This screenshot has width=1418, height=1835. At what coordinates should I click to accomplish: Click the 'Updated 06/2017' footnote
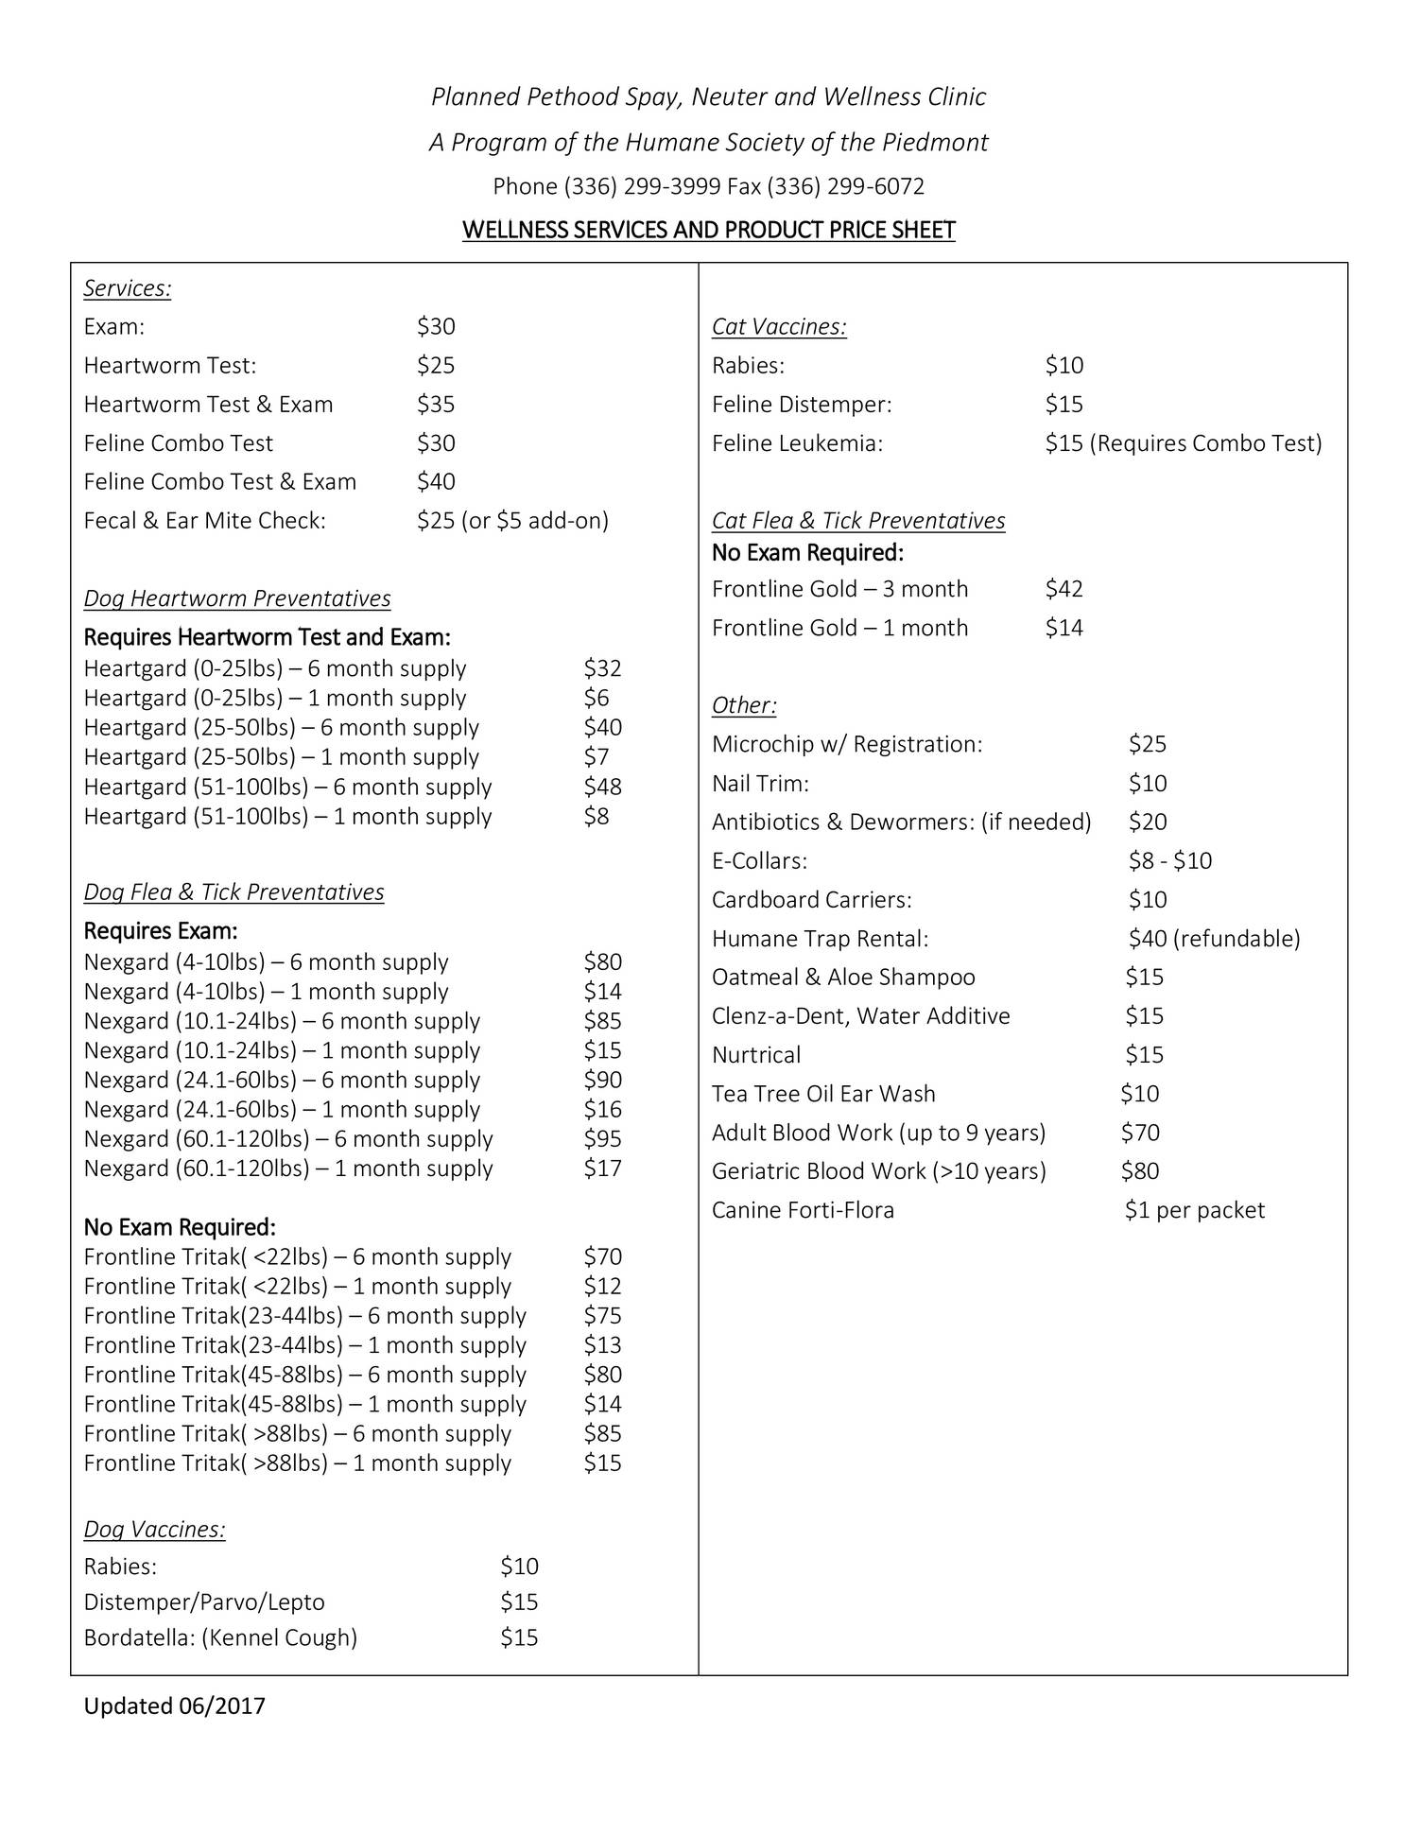(x=175, y=1705)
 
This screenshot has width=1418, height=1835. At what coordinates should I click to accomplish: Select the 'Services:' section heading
(x=128, y=288)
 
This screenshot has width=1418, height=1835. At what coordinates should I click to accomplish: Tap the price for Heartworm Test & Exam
(x=436, y=405)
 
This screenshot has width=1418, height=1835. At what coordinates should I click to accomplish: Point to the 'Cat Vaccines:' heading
(x=779, y=327)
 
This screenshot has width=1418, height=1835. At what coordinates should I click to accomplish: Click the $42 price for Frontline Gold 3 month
(x=1063, y=589)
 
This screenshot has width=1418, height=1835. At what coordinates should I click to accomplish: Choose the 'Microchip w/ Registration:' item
(x=847, y=744)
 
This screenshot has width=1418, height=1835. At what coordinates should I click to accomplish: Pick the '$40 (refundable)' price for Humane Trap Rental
(x=1214, y=938)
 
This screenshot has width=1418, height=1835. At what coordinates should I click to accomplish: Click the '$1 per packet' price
(x=1194, y=1210)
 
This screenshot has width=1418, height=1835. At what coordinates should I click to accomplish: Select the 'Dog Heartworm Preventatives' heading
(x=237, y=598)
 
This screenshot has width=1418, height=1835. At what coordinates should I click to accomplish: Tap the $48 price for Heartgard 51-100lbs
(x=602, y=787)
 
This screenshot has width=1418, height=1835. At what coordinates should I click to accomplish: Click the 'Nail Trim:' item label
(x=760, y=783)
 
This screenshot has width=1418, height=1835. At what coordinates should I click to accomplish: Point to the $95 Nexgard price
(x=602, y=1138)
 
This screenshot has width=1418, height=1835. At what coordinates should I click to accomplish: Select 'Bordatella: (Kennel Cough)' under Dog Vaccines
(x=220, y=1637)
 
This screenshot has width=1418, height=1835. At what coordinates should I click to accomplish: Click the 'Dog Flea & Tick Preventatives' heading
(x=234, y=892)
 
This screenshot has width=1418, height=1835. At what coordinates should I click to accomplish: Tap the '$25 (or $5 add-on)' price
(x=512, y=521)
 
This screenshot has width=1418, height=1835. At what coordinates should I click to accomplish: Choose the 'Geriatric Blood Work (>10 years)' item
(x=879, y=1171)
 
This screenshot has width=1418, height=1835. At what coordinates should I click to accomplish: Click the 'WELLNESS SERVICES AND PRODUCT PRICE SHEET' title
(x=709, y=231)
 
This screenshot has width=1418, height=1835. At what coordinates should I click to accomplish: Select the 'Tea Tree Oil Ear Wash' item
(x=823, y=1094)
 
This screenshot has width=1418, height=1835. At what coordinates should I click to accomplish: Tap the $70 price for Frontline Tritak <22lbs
(x=602, y=1256)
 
